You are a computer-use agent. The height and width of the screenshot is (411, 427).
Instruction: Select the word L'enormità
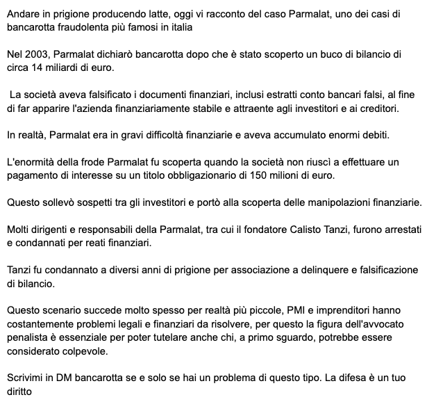tap(34, 161)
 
